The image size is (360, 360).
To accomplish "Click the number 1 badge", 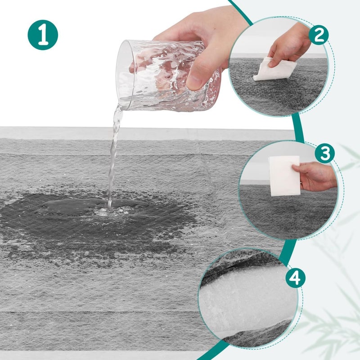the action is [43, 35].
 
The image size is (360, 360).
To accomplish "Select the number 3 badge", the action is [325, 153].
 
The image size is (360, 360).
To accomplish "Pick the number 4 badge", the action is [296, 278].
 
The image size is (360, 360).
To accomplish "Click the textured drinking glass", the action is [169, 76].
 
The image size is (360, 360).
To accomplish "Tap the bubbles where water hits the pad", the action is [112, 211].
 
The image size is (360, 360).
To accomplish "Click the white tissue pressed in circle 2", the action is [274, 69].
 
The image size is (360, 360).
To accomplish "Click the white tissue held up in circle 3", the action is [284, 176].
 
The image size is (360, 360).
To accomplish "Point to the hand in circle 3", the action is [315, 176].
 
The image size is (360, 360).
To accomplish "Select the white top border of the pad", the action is [147, 133].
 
